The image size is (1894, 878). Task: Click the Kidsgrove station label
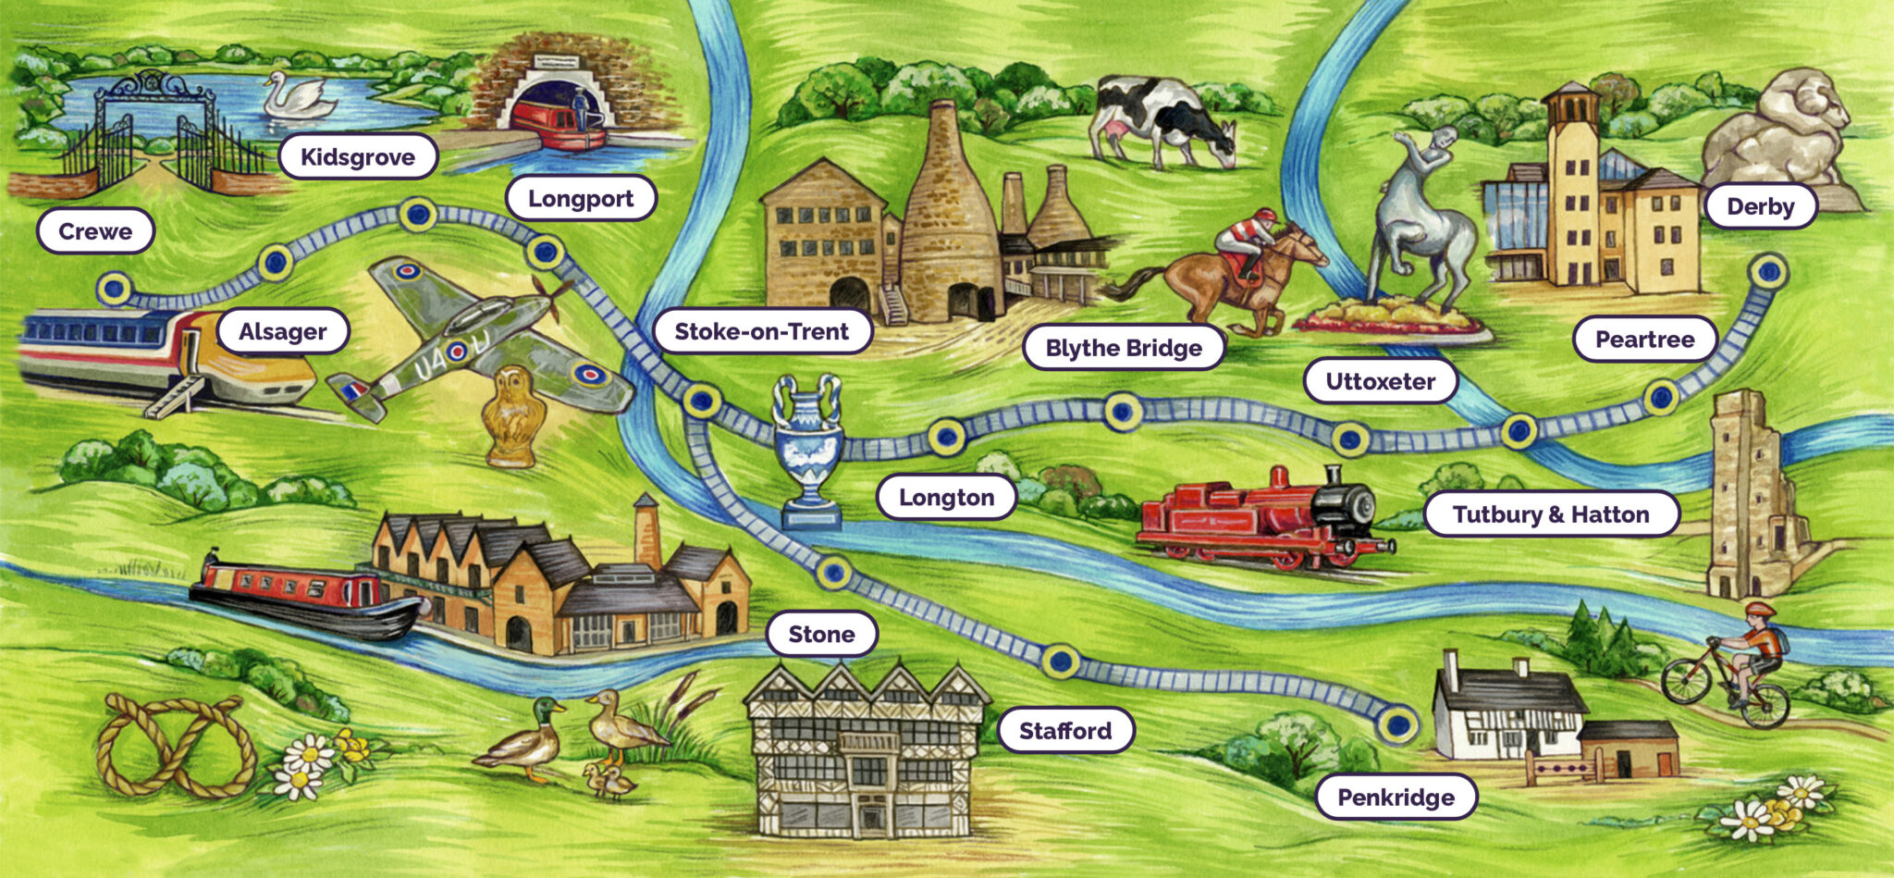point(358,157)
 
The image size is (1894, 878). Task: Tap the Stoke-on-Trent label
point(761,331)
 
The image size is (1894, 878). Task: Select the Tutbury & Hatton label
point(1551,514)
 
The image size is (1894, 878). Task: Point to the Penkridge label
point(1396,798)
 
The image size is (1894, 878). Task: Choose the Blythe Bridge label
point(1124,348)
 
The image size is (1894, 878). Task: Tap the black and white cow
point(1162,120)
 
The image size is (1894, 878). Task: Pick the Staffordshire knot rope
point(175,744)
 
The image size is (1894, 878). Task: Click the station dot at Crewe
point(114,288)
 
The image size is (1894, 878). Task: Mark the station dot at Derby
point(1768,272)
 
